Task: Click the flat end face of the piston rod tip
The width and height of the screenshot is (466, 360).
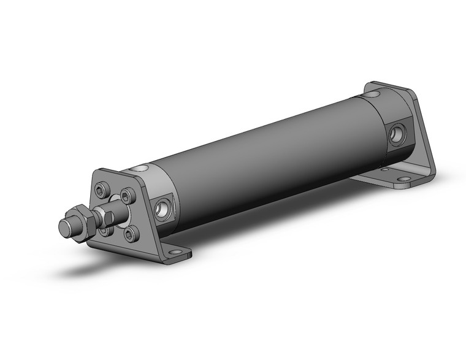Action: (x=63, y=228)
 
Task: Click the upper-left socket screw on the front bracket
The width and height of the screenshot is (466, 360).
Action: (x=101, y=192)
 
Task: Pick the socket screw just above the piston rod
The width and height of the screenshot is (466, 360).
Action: (x=126, y=196)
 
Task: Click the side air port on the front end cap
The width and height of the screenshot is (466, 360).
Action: (x=164, y=209)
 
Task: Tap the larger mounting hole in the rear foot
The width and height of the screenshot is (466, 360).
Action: (x=404, y=180)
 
